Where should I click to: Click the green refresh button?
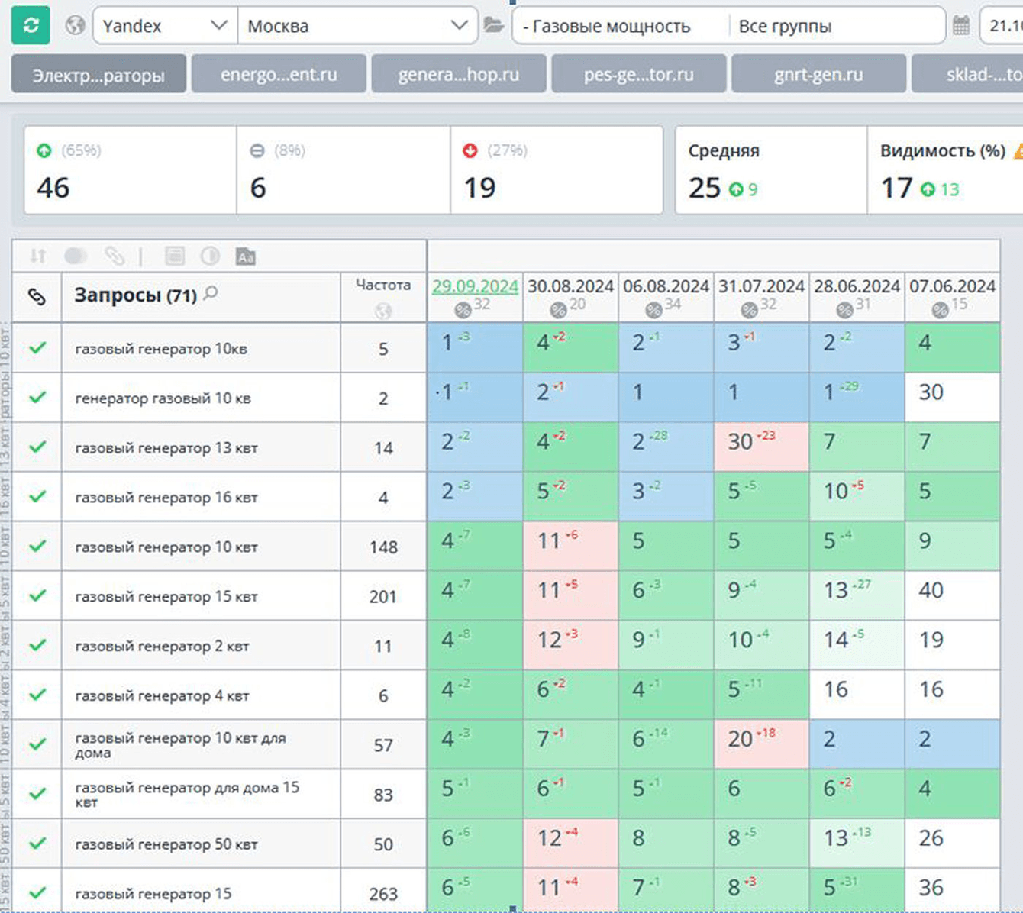[x=31, y=25]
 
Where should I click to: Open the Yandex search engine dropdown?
[x=165, y=26]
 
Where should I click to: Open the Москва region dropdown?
[x=357, y=26]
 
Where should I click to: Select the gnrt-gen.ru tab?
[x=818, y=74]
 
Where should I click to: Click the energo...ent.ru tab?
[x=279, y=74]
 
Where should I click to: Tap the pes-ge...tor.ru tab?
[x=639, y=74]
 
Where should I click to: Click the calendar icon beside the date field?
[x=961, y=26]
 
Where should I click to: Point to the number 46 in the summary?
[x=53, y=188]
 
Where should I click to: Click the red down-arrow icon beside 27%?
[x=470, y=151]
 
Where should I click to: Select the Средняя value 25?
[x=704, y=188]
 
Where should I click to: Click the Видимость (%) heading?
[x=942, y=150]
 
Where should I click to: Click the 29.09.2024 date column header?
[x=475, y=286]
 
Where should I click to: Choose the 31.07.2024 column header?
[x=761, y=286]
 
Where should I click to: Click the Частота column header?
[x=383, y=285]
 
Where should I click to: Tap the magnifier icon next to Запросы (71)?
[x=211, y=293]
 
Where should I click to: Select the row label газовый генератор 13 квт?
[x=166, y=447]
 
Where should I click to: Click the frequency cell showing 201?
[x=383, y=596]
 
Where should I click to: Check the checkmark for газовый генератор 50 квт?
[x=37, y=844]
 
